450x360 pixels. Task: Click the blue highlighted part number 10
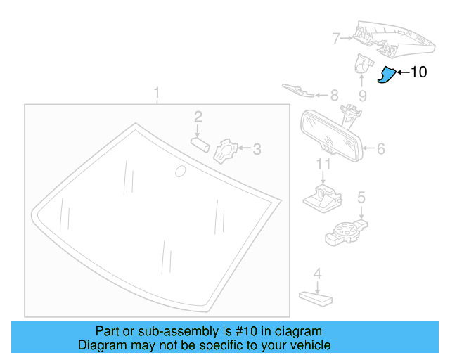(x=386, y=74)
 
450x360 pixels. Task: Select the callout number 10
(x=418, y=72)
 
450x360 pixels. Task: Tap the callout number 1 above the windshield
(x=157, y=93)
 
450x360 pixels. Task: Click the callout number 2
(x=198, y=116)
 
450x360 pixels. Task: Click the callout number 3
(x=257, y=148)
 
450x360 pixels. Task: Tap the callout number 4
(x=317, y=274)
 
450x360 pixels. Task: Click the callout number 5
(x=361, y=198)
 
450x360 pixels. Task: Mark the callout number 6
(x=380, y=149)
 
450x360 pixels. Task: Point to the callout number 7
(x=336, y=38)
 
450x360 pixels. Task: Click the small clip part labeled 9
(x=362, y=64)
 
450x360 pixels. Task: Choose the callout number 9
(x=363, y=95)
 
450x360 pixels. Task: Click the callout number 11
(x=323, y=165)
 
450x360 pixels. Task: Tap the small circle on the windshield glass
(x=179, y=170)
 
